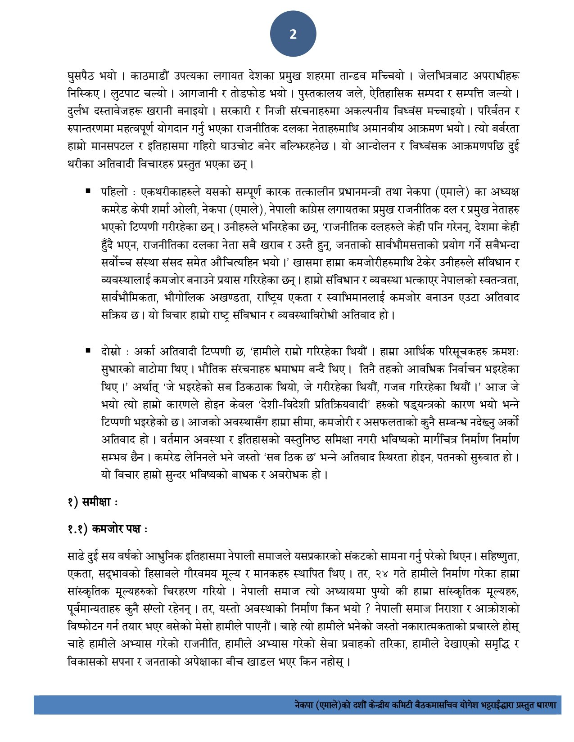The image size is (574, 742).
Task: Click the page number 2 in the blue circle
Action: (293, 34)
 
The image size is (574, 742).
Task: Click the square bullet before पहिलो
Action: (88, 191)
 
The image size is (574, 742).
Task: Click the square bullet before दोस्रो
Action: (88, 350)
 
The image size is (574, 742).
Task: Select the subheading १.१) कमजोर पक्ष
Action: (107, 529)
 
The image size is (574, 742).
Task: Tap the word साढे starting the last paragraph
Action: (77, 557)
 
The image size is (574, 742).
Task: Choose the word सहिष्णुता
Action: (499, 557)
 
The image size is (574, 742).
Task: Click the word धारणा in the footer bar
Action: (546, 705)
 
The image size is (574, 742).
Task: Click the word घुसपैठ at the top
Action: (81, 76)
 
